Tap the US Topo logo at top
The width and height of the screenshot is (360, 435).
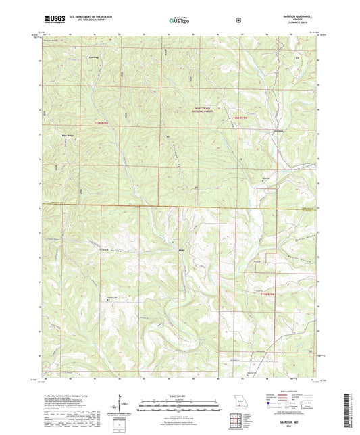click(x=178, y=21)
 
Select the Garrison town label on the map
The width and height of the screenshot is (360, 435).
click(x=277, y=130)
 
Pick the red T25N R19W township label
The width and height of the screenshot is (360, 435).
click(x=240, y=119)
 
